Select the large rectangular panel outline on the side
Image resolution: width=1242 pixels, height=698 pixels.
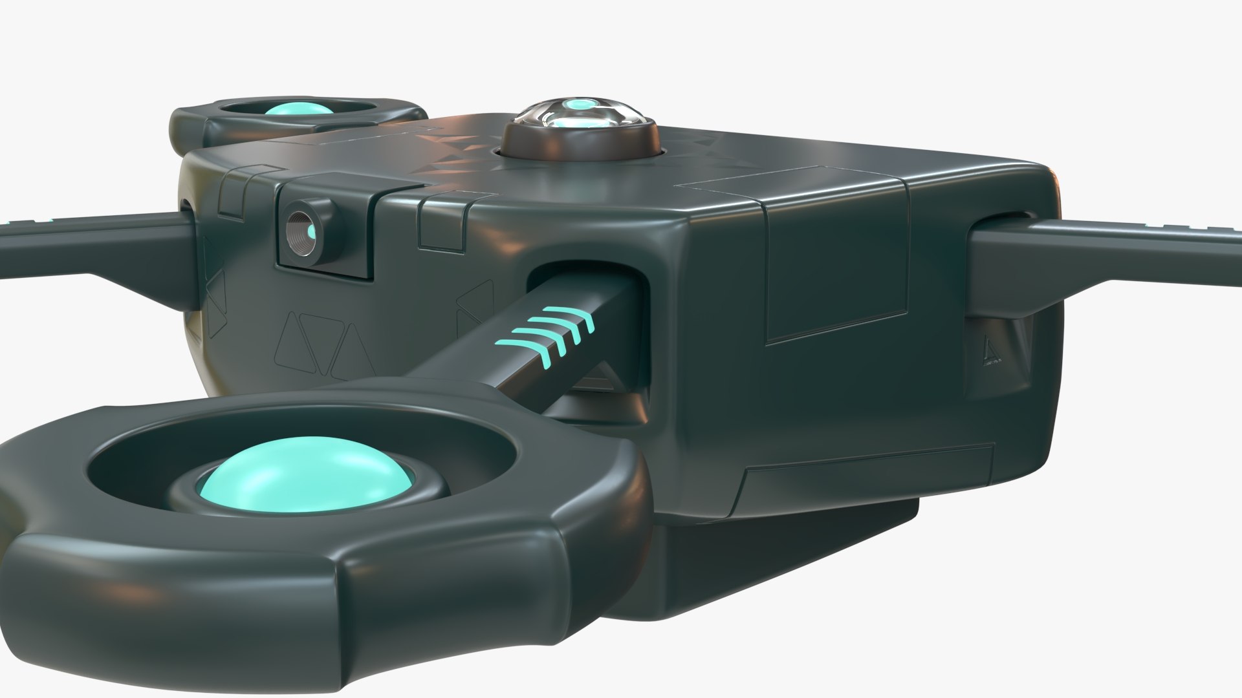click(x=834, y=278)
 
